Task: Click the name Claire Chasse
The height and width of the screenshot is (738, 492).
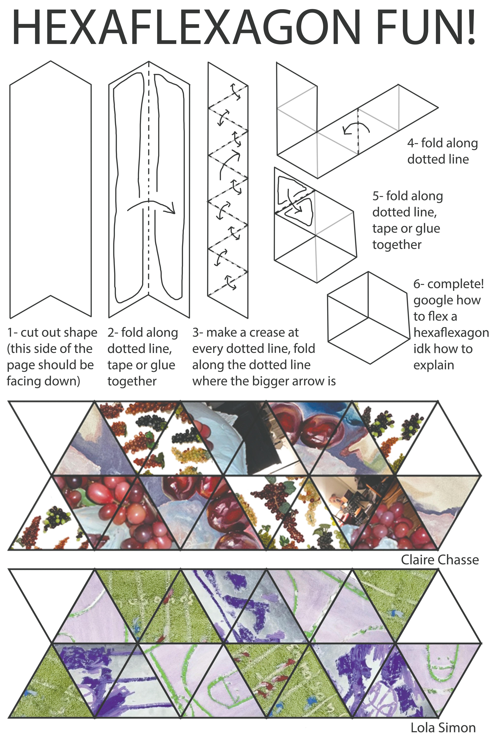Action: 440,560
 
